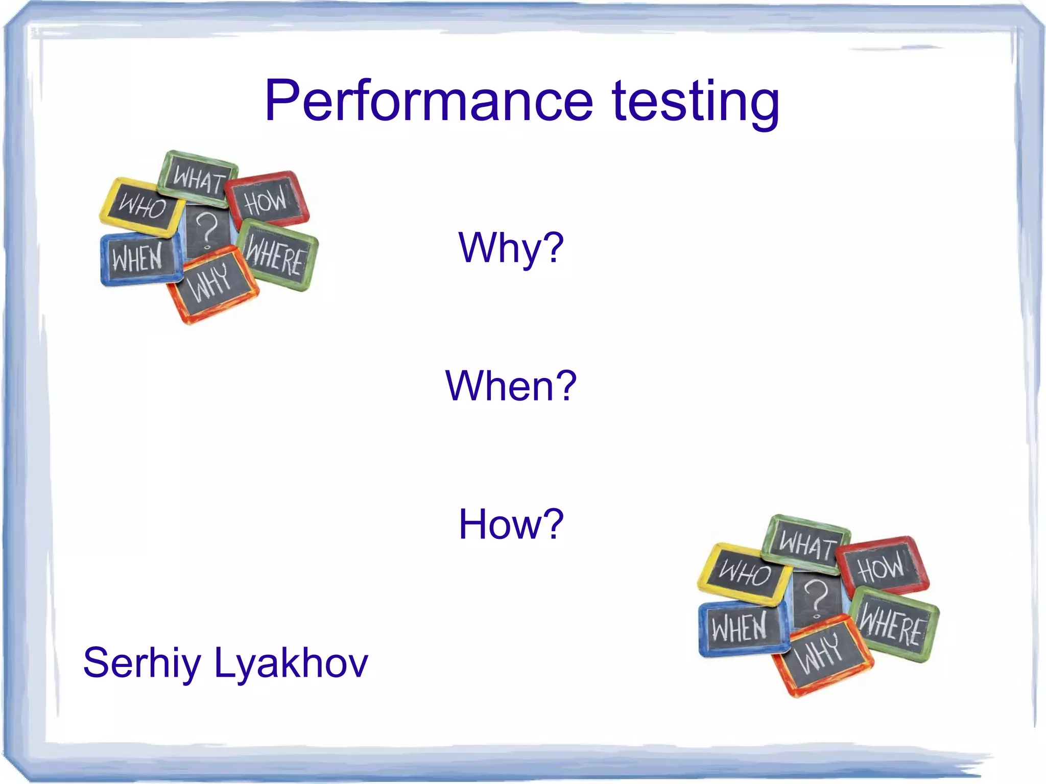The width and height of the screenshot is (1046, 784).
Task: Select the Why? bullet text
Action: (511, 248)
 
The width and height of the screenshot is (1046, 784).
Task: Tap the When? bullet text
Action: (511, 386)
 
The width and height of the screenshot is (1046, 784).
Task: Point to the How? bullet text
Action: (511, 524)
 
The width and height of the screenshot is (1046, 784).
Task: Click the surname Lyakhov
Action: (291, 663)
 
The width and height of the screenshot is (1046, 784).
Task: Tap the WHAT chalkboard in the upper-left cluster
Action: (198, 179)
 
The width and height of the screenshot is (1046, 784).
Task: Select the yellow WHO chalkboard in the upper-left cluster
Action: (142, 207)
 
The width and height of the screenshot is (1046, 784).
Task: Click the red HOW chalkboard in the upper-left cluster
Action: (267, 200)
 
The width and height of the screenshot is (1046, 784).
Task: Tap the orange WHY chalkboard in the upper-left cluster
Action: (212, 284)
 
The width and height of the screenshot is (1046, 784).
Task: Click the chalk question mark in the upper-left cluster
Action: (207, 230)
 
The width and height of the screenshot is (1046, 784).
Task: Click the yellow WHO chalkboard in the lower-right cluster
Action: (744, 573)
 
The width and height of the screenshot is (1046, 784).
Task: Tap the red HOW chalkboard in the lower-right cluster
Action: (882, 566)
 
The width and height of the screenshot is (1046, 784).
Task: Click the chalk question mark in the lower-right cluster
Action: (816, 598)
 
